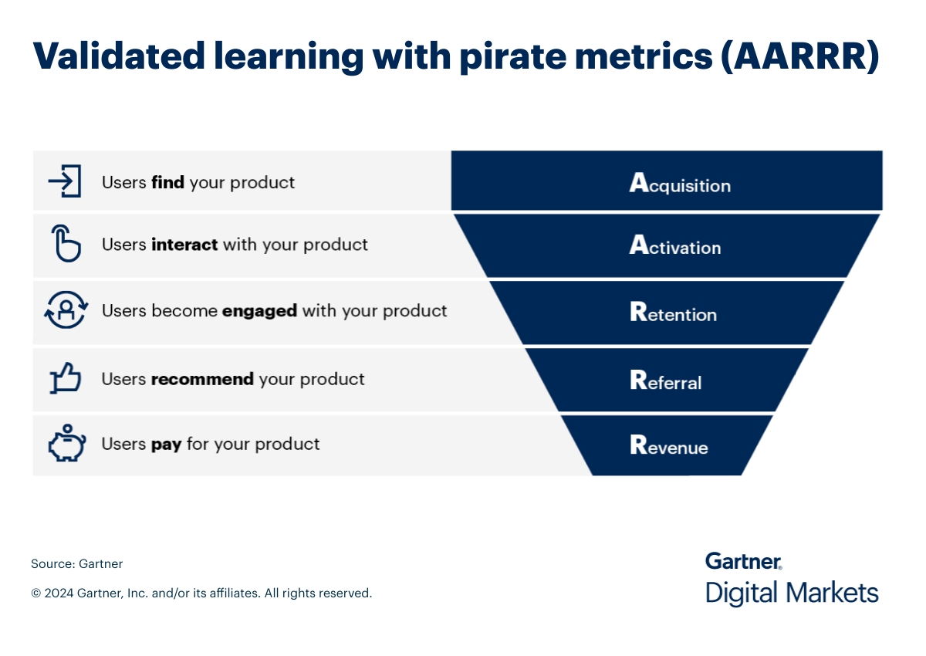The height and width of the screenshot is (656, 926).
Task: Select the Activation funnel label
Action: pyautogui.click(x=675, y=246)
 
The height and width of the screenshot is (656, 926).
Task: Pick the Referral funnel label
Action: pyautogui.click(x=666, y=381)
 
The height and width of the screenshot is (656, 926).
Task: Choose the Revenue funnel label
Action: pyautogui.click(x=669, y=446)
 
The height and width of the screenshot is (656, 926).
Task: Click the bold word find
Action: pyautogui.click(x=167, y=183)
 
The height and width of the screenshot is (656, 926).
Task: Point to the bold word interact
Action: pyautogui.click(x=185, y=245)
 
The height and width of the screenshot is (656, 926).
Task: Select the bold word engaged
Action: pyautogui.click(x=259, y=311)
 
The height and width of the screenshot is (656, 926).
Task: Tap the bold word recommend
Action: pyautogui.click(x=202, y=379)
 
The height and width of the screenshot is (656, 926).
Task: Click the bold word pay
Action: pyautogui.click(x=166, y=445)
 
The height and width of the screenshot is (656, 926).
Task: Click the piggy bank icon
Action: pyautogui.click(x=66, y=444)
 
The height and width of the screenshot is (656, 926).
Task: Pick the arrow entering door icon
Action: pyautogui.click(x=65, y=181)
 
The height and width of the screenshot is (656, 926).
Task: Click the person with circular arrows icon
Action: pyautogui.click(x=66, y=311)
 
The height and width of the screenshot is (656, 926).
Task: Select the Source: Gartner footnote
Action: pyautogui.click(x=76, y=563)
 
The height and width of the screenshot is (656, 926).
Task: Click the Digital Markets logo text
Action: pyautogui.click(x=792, y=593)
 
